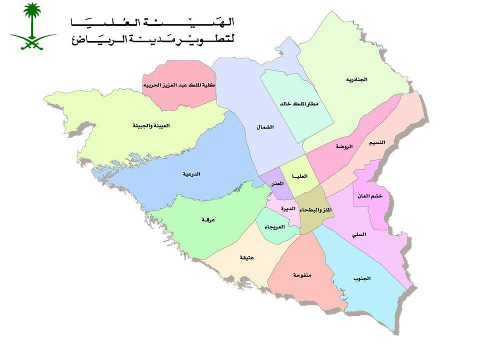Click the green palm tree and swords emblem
[x=33, y=26]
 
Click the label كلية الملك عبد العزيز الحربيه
[x=179, y=85]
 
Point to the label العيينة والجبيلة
[x=151, y=126]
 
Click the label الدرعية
[x=192, y=174]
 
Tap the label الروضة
[x=344, y=146]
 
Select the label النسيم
[x=377, y=142]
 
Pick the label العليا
[x=305, y=176]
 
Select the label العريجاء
[x=274, y=226]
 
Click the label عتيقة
[x=246, y=258]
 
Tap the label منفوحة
[x=302, y=275]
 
